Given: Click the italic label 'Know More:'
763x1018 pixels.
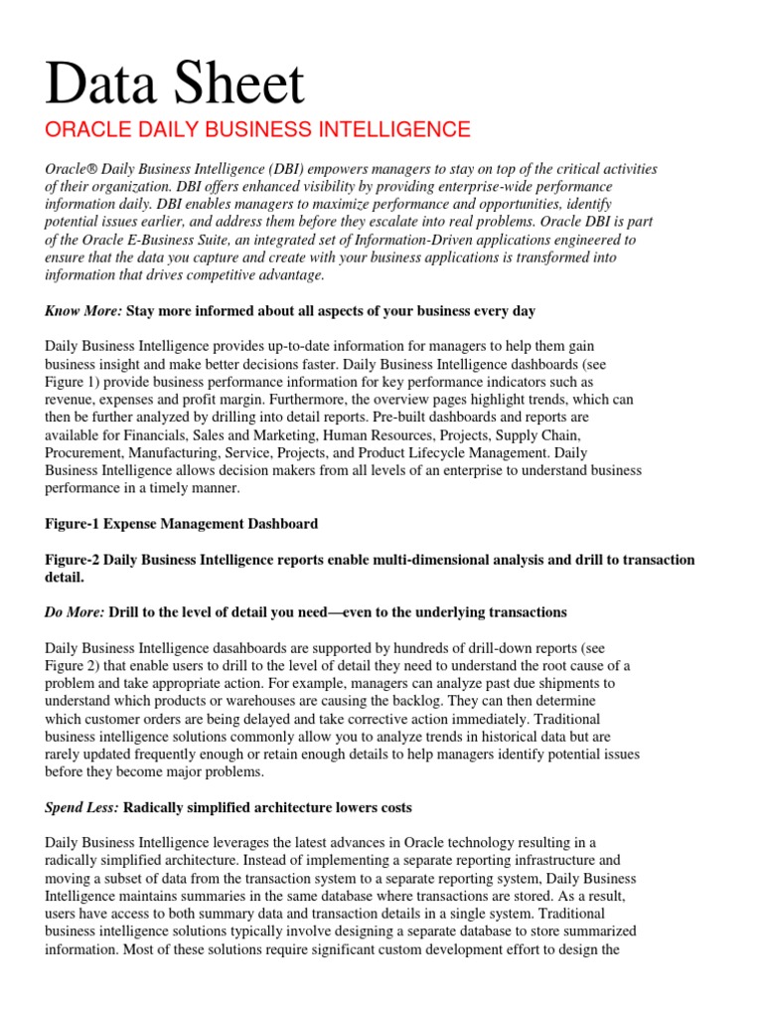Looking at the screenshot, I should (x=83, y=311).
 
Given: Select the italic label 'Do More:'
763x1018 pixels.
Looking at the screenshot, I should (x=75, y=611).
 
